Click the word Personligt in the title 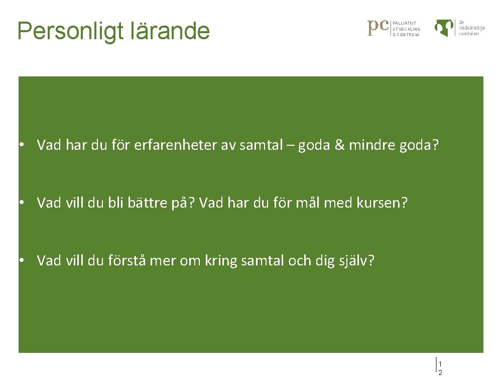click(64, 31)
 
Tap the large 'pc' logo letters click(379, 27)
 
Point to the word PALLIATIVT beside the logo click(404, 23)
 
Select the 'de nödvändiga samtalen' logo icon click(445, 28)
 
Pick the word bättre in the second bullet click(146, 203)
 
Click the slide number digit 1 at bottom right click(440, 364)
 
